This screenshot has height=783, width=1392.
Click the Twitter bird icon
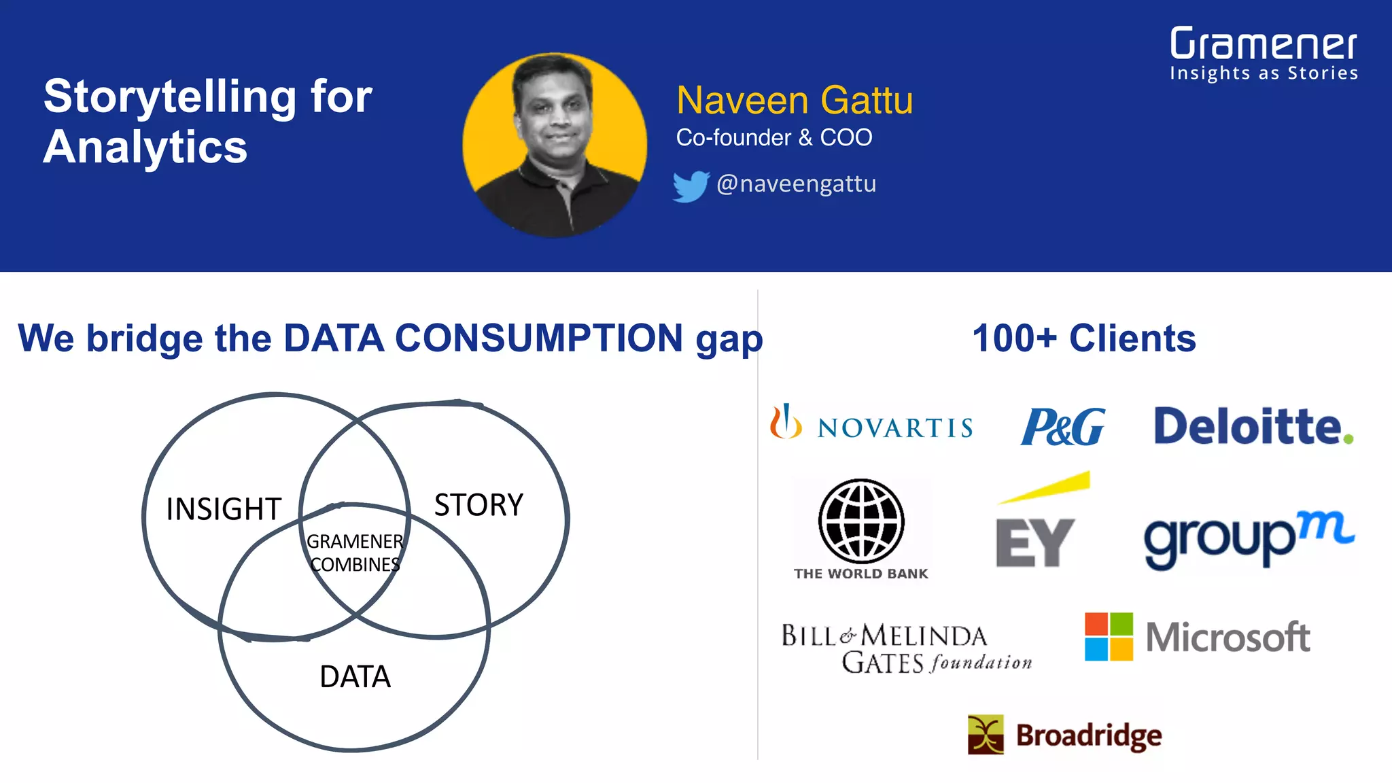click(x=691, y=186)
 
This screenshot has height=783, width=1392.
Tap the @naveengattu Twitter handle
click(x=796, y=184)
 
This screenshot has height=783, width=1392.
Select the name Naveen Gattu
click(x=794, y=101)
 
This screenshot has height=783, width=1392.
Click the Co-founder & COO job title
click(x=773, y=138)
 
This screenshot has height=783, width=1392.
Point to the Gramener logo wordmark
click(x=1263, y=45)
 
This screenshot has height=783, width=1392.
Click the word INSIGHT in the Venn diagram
click(x=224, y=509)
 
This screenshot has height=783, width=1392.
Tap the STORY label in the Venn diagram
click(x=478, y=505)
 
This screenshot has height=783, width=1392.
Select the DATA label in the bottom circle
click(x=355, y=677)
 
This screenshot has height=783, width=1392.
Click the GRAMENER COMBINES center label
click(x=355, y=553)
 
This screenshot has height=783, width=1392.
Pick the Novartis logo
click(x=871, y=423)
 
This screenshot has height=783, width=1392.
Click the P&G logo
click(x=1062, y=426)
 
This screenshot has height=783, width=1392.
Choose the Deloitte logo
click(x=1253, y=426)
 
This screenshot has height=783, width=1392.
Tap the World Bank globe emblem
click(x=861, y=521)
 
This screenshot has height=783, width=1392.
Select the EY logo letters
click(x=1034, y=542)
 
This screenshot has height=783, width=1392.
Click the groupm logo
click(x=1249, y=539)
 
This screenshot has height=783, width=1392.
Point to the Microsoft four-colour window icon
click(x=1109, y=637)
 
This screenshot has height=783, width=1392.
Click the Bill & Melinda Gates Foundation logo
click(x=906, y=648)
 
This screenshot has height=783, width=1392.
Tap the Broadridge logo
click(x=1064, y=735)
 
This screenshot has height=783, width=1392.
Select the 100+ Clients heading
click(x=1083, y=338)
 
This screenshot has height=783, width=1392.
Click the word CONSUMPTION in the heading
click(x=538, y=338)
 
